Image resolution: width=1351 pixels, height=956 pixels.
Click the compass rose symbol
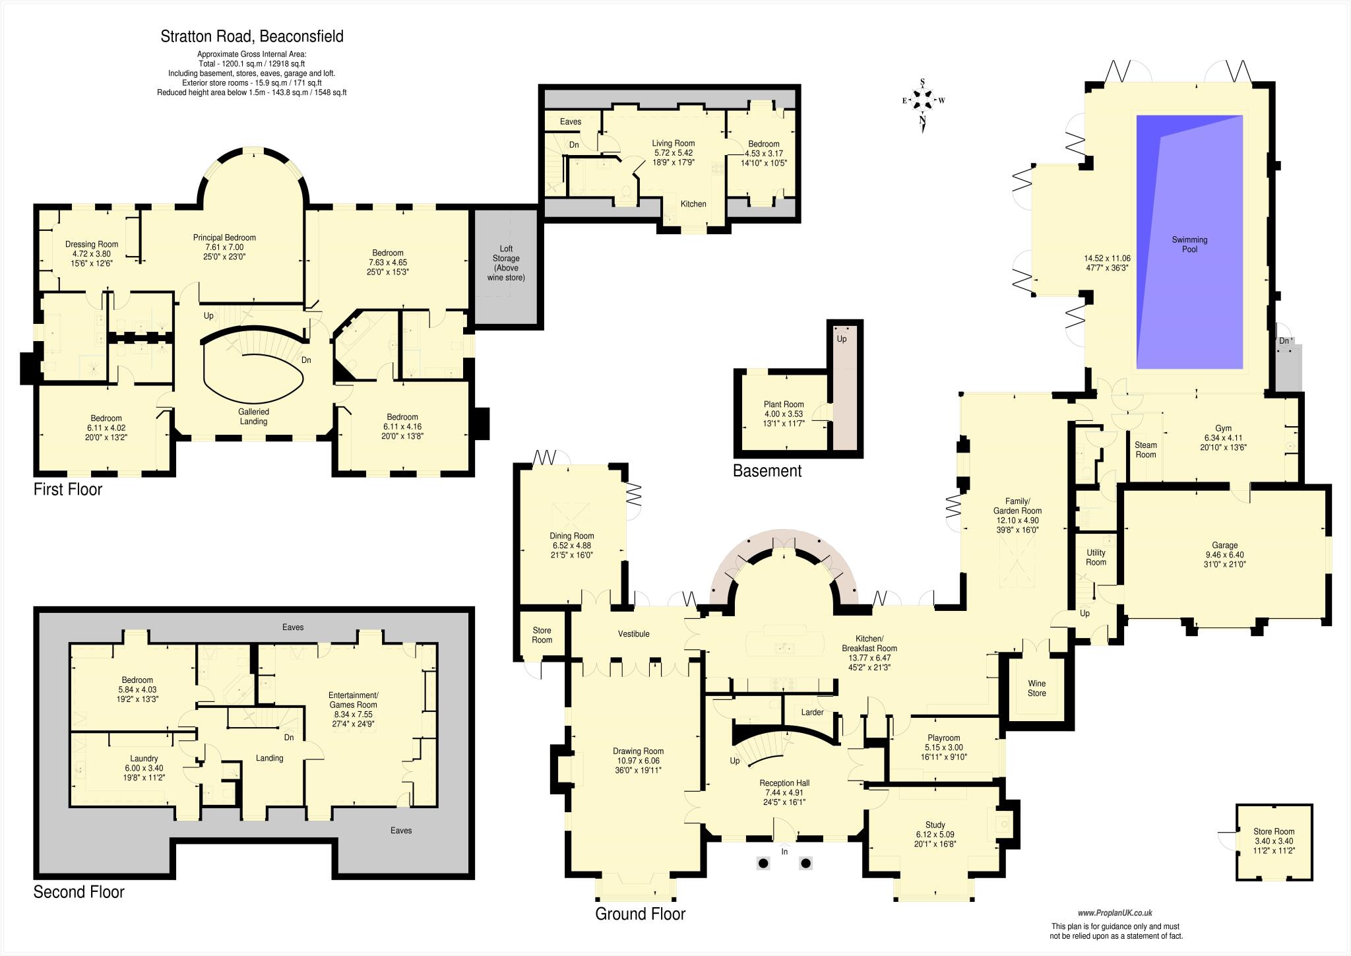coord(923,100)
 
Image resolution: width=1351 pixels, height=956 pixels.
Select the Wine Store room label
coord(1036,688)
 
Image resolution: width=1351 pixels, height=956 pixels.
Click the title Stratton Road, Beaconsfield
coord(252,36)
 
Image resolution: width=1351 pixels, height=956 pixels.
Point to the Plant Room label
coord(784,404)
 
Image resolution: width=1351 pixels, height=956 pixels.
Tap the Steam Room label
coord(1145,449)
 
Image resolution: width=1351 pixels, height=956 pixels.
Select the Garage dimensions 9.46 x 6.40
coord(1224,555)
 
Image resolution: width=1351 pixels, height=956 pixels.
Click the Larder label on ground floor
coord(812,713)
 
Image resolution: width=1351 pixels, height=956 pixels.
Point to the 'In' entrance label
coord(785,852)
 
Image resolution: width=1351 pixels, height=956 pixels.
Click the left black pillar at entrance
coord(763,862)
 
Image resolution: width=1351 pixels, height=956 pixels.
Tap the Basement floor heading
coord(767,471)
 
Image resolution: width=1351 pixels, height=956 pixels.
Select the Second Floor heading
coord(79,892)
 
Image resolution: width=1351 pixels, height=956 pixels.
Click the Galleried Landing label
coord(253,416)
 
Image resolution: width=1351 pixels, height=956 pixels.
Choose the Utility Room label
coord(1096,558)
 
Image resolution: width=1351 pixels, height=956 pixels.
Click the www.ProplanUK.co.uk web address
coord(1115,913)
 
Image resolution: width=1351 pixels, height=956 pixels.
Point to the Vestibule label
coord(633,634)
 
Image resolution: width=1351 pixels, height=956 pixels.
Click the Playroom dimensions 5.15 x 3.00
coord(943,748)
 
